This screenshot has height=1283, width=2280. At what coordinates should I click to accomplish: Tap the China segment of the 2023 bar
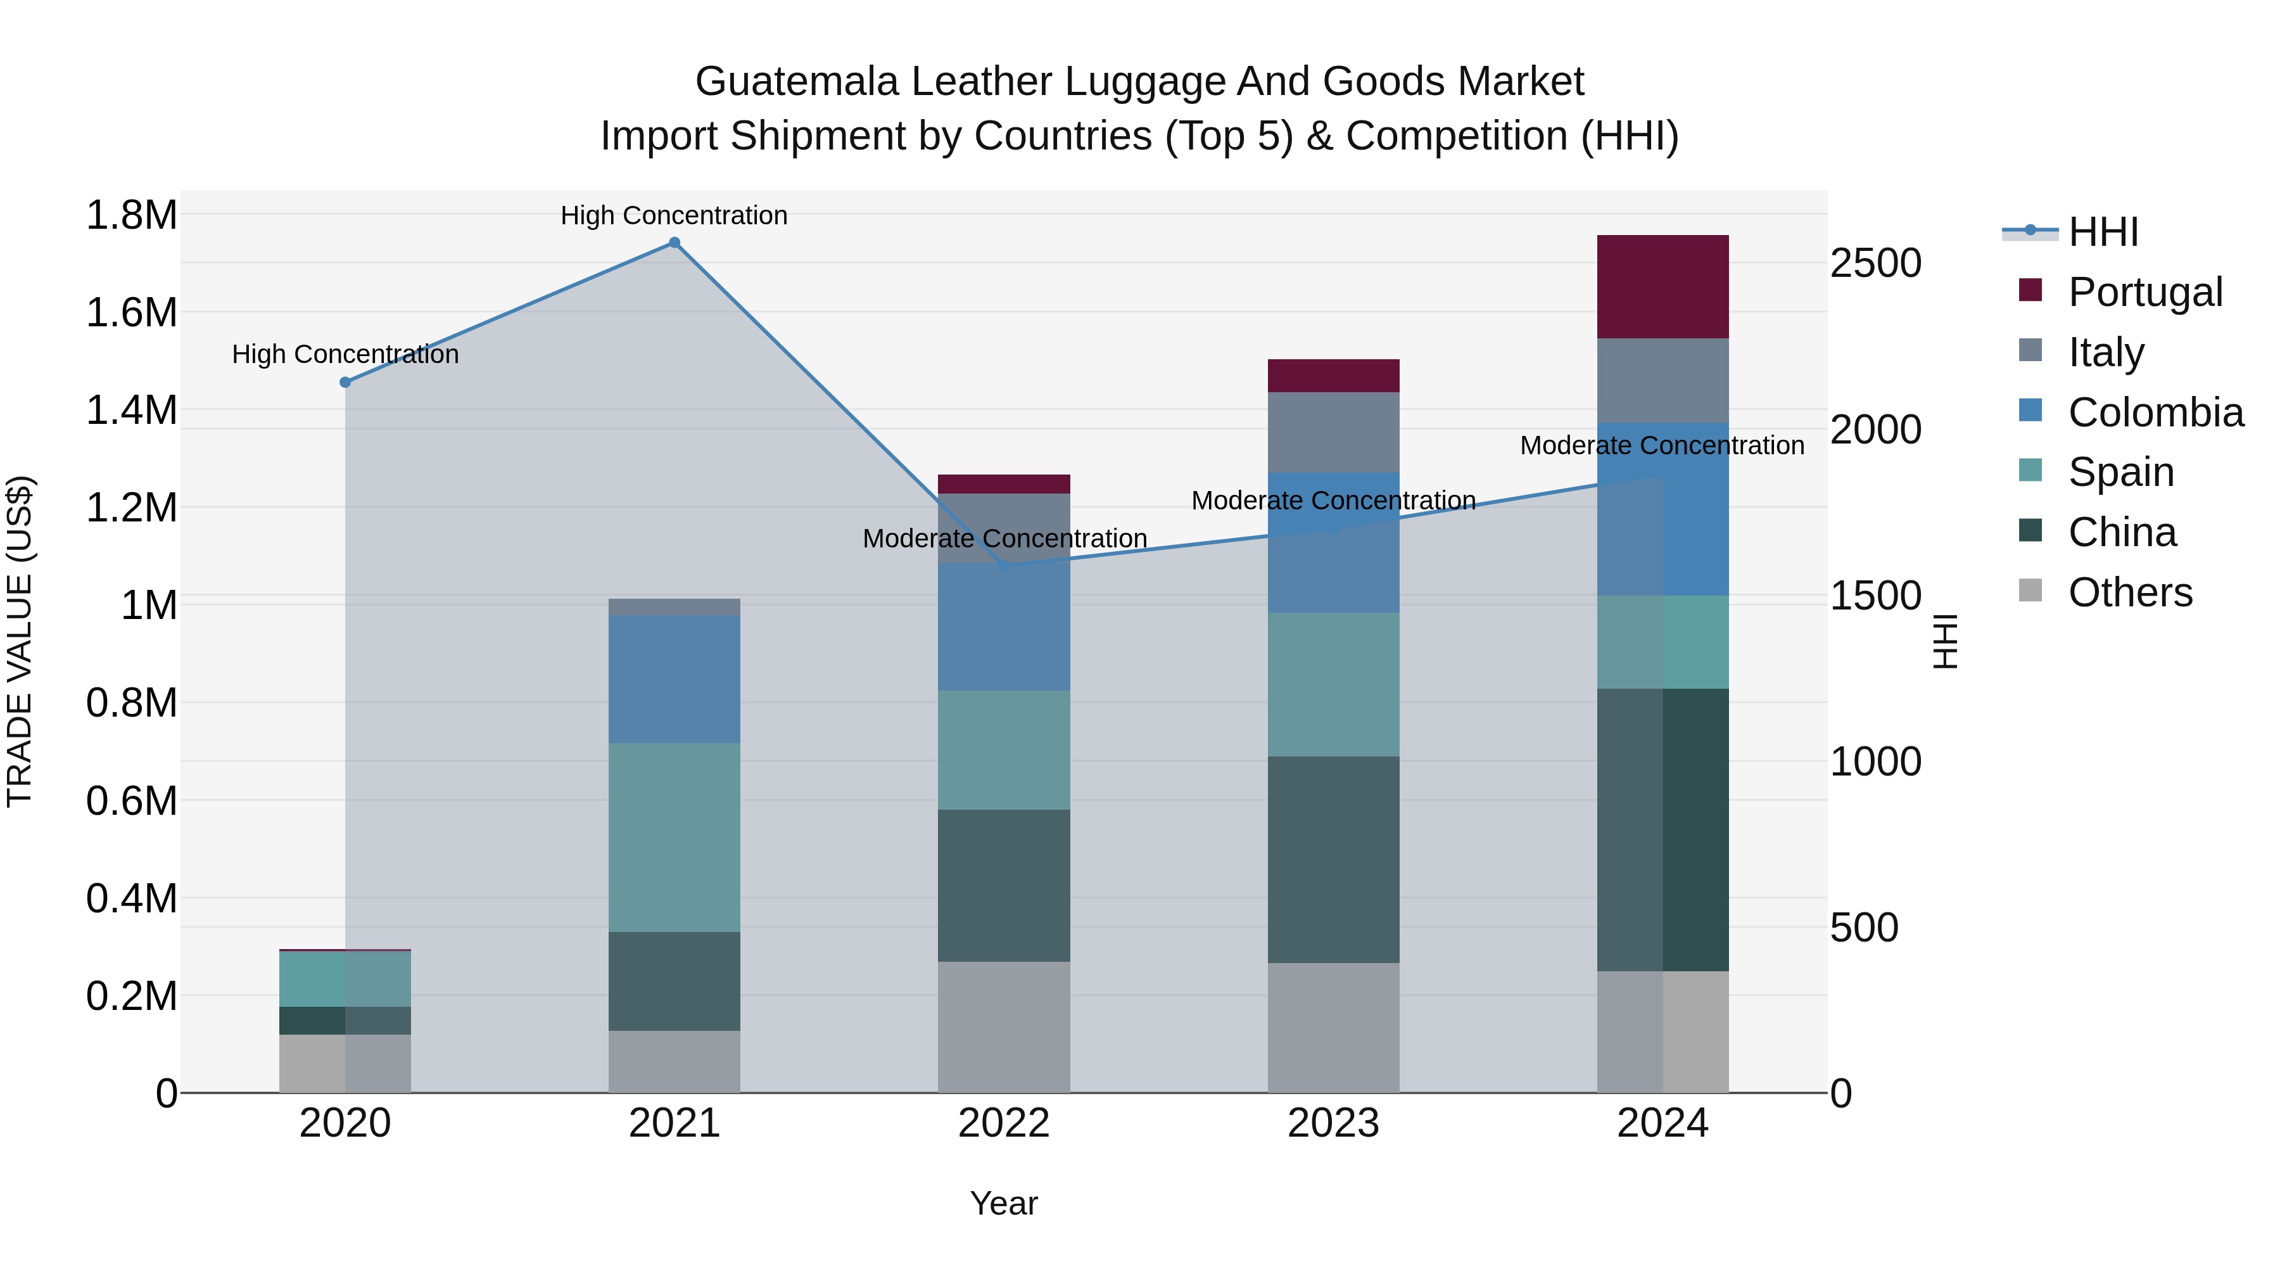pos(1333,859)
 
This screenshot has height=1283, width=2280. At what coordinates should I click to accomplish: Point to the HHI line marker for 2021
pos(674,243)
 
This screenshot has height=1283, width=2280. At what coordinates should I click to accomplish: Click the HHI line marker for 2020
pos(345,383)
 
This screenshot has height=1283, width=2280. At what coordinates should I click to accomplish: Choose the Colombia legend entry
pos(2155,412)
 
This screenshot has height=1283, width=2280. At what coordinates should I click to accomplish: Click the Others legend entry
pos(2129,592)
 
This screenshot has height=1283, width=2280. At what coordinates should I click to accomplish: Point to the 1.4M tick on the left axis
pos(131,410)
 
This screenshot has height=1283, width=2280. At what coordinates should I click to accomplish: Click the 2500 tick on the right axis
pos(1875,263)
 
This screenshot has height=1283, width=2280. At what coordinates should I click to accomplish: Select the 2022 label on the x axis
pos(1004,1123)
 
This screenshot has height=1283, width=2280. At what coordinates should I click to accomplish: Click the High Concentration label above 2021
pos(674,215)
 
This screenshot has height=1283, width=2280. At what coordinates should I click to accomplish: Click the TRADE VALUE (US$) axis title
pos(20,641)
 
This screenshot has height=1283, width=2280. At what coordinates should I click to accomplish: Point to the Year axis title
pos(1004,1203)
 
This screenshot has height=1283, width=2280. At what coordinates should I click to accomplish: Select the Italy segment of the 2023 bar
pos(1333,432)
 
